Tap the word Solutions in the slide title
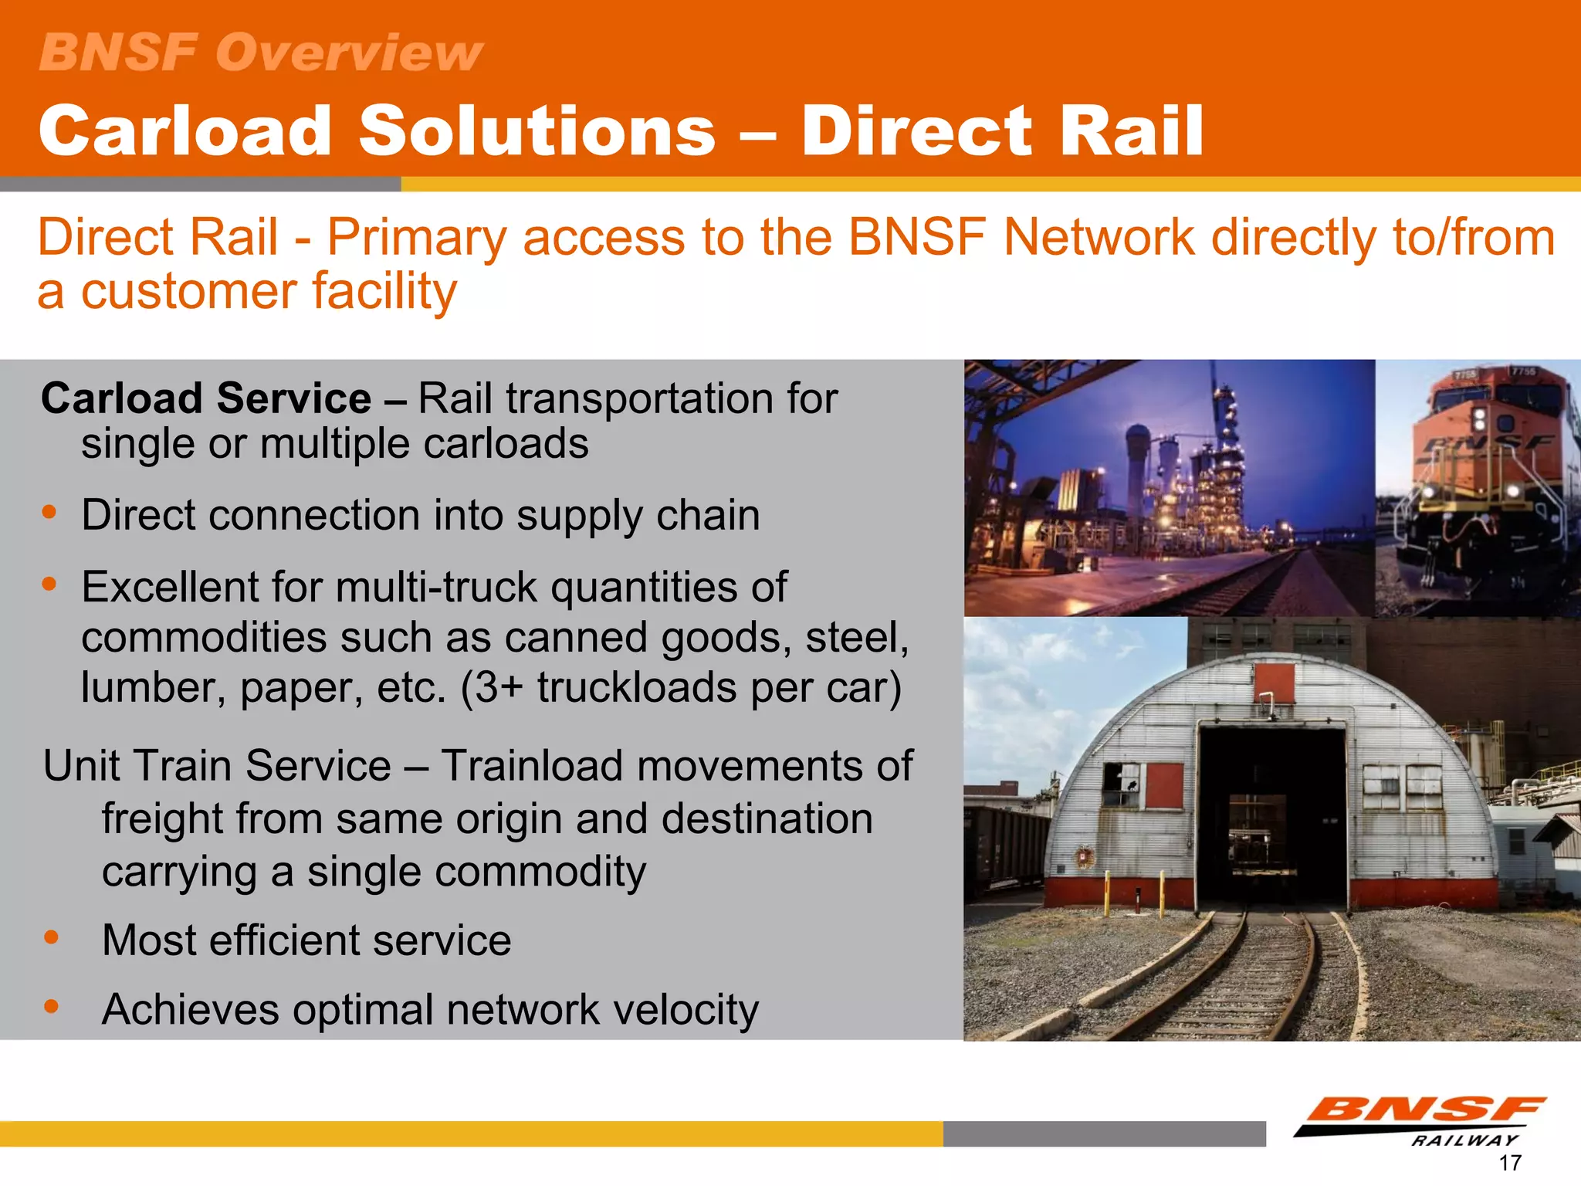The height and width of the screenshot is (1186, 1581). (537, 130)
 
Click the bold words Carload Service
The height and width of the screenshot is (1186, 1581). (206, 398)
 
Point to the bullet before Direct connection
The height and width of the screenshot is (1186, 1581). (50, 512)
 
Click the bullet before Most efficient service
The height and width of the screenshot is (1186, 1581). (52, 937)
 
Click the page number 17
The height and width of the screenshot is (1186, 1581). (1509, 1163)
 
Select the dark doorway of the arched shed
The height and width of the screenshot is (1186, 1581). (1271, 818)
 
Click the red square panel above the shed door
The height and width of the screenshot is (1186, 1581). (1274, 683)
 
